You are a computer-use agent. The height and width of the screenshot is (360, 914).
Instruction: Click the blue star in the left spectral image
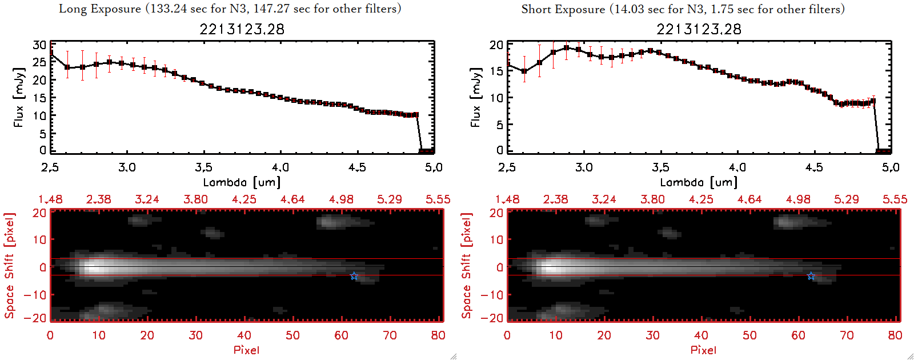point(354,276)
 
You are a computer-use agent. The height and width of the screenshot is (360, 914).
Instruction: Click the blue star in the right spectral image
point(811,276)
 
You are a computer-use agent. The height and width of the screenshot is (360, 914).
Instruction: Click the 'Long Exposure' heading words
point(100,9)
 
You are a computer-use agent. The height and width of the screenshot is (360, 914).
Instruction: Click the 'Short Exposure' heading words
point(563,9)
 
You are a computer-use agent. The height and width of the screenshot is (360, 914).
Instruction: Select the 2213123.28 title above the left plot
point(242,29)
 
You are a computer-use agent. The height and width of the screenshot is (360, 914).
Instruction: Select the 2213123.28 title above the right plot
point(699,29)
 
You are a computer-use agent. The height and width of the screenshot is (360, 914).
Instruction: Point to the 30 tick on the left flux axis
point(39,45)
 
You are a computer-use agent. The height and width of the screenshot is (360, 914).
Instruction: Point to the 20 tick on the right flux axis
point(496,45)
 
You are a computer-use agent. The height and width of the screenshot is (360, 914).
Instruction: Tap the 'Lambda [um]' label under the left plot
point(242,182)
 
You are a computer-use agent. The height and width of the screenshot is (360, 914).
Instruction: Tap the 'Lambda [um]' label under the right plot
point(699,182)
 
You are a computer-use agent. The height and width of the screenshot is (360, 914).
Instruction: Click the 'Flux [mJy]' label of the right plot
point(476,97)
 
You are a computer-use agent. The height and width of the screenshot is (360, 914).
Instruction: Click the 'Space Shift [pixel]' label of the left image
point(10,266)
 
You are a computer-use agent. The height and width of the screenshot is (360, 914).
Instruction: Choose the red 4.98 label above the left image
point(341,199)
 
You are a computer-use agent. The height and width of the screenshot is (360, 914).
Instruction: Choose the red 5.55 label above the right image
point(895,199)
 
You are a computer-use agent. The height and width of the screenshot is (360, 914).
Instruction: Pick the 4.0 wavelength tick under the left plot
point(280,167)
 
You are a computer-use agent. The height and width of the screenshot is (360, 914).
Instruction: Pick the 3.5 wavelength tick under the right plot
point(660,167)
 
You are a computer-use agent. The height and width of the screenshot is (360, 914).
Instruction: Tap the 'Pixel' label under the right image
point(703,350)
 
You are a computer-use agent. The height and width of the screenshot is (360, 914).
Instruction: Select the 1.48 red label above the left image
point(50,199)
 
